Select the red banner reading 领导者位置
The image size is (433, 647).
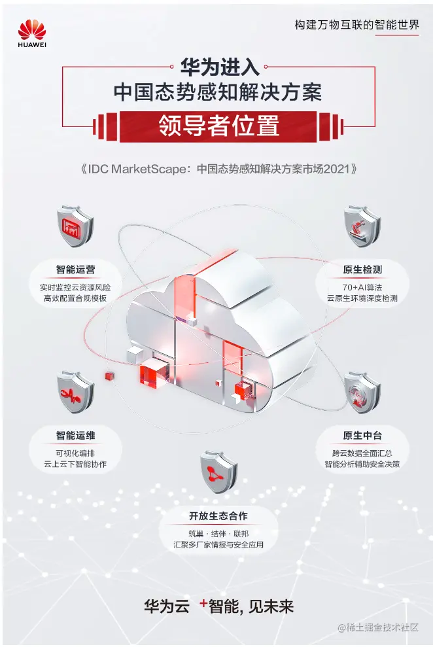(x=218, y=125)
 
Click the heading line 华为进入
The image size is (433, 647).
(x=218, y=65)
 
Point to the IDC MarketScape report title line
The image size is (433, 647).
(x=218, y=168)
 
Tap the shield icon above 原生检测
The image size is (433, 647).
(x=361, y=226)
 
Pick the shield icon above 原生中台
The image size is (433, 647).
(x=362, y=392)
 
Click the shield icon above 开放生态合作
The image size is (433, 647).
(x=218, y=469)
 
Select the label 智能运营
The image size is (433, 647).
(x=75, y=269)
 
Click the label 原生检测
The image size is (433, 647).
(x=362, y=269)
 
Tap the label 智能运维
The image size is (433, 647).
(x=75, y=434)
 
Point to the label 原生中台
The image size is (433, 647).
(x=362, y=434)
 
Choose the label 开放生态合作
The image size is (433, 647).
(x=218, y=515)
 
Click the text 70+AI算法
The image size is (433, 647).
(x=362, y=285)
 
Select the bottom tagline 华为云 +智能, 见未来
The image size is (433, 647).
(x=218, y=605)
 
